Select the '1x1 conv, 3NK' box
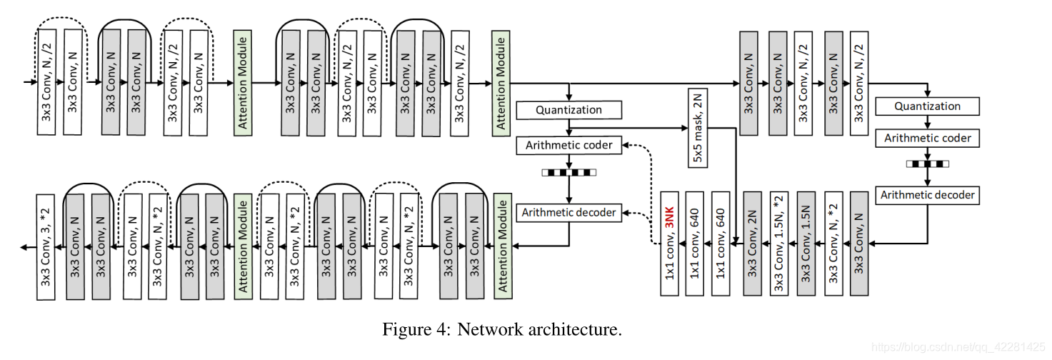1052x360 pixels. click(670, 243)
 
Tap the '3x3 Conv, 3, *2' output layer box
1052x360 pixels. click(48, 246)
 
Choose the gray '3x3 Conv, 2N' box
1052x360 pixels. click(752, 243)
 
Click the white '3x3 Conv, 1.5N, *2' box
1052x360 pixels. click(780, 243)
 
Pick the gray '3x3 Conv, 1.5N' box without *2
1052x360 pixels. click(807, 243)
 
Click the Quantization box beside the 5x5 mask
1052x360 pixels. click(568, 110)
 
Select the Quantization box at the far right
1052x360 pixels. click(927, 106)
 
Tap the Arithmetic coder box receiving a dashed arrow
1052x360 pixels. click(568, 146)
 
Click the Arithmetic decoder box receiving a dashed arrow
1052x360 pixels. click(568, 212)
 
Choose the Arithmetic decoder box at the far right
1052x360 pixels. click(927, 194)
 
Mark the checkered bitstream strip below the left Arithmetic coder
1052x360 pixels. click(568, 172)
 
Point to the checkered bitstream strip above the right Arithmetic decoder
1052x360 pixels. click(927, 164)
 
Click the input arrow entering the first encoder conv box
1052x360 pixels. click(29, 82)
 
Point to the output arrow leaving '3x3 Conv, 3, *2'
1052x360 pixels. click(27, 247)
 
